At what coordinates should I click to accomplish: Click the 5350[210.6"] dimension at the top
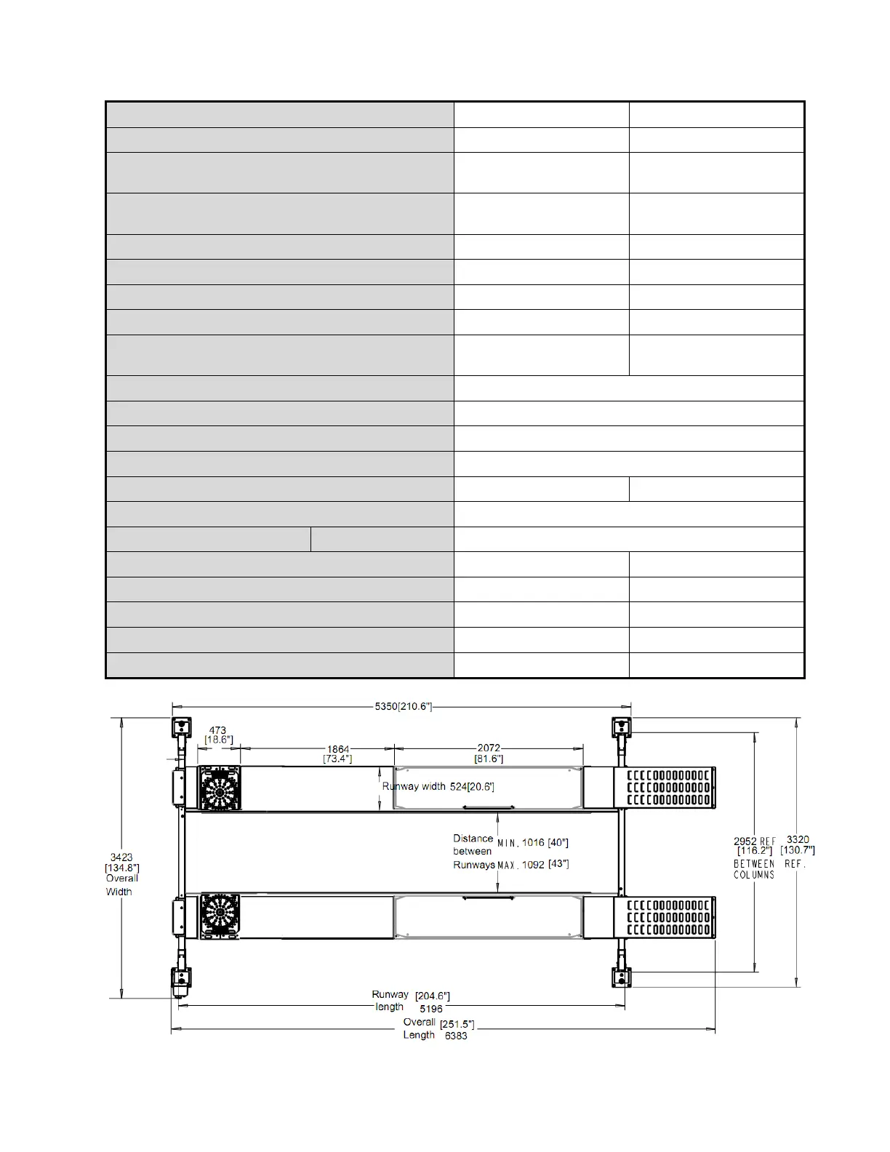(x=404, y=706)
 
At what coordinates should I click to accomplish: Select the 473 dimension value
(x=217, y=730)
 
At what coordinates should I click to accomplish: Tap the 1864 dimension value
(x=338, y=749)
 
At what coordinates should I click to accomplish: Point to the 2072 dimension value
(x=489, y=748)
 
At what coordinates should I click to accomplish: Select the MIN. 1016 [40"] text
(x=533, y=843)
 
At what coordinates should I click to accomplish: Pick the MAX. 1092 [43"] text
(x=533, y=865)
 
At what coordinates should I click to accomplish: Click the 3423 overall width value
(x=121, y=857)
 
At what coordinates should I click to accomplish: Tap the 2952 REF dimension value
(x=754, y=841)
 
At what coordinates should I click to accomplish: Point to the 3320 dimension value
(x=798, y=839)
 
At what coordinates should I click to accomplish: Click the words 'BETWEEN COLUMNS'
(x=754, y=869)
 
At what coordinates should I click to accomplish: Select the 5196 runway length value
(x=431, y=1009)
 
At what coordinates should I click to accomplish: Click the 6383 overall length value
(x=456, y=1036)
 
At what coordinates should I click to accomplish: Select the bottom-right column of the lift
(x=622, y=977)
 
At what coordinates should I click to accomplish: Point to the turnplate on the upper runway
(x=220, y=788)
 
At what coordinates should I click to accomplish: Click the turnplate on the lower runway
(x=220, y=916)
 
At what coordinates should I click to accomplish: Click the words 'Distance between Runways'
(x=473, y=852)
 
